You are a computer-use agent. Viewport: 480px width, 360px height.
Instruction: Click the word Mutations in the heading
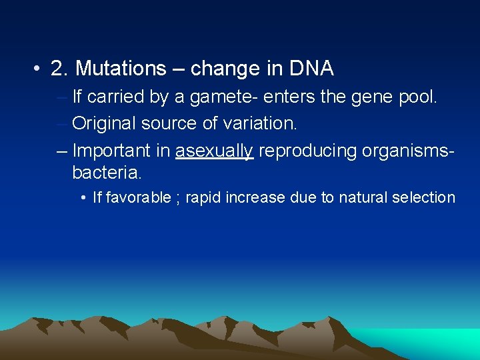click(129, 68)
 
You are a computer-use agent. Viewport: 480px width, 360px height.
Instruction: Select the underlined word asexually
click(214, 151)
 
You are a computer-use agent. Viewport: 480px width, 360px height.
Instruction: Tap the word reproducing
click(307, 151)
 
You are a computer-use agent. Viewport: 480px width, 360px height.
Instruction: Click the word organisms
click(406, 151)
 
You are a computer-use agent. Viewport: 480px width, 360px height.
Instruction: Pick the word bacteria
click(107, 173)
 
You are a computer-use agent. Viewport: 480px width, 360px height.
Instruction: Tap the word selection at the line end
click(423, 198)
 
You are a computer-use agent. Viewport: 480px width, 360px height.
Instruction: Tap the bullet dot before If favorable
click(83, 198)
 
